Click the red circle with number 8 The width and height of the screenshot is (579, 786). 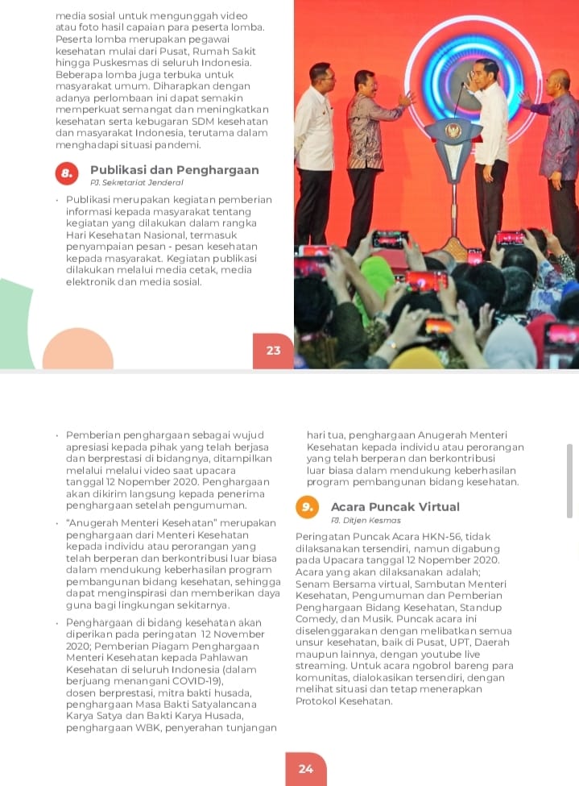[67, 173]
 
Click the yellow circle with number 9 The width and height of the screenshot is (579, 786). [307, 507]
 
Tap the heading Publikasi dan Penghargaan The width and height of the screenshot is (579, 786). [174, 170]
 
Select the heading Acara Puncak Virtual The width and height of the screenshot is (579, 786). [395, 507]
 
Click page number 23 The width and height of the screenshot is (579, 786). [274, 350]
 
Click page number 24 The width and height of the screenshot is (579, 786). [306, 768]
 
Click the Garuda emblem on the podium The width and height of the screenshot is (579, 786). [453, 131]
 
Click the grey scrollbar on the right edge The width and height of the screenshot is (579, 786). [570, 480]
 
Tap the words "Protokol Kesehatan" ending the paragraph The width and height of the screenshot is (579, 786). [344, 701]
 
